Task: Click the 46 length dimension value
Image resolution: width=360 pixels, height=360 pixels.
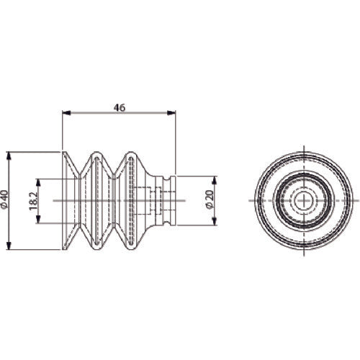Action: pos(120,107)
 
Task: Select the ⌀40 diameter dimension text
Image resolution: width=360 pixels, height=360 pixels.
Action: pos(5,201)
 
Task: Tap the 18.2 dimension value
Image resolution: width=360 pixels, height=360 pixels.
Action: pos(33,201)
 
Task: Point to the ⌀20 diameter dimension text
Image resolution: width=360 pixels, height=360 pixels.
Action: pos(210,199)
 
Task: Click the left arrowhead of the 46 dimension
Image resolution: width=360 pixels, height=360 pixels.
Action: pos(66,112)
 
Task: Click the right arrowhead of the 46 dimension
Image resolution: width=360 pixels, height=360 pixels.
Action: pos(171,112)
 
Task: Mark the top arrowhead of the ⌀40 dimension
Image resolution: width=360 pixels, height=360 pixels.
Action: pos(9,156)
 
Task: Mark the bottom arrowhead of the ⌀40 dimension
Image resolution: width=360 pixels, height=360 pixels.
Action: pos(9,246)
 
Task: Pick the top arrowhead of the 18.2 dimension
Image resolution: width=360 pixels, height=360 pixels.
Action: pos(38,183)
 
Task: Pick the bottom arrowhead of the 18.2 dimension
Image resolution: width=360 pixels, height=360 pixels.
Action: pos(38,219)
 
